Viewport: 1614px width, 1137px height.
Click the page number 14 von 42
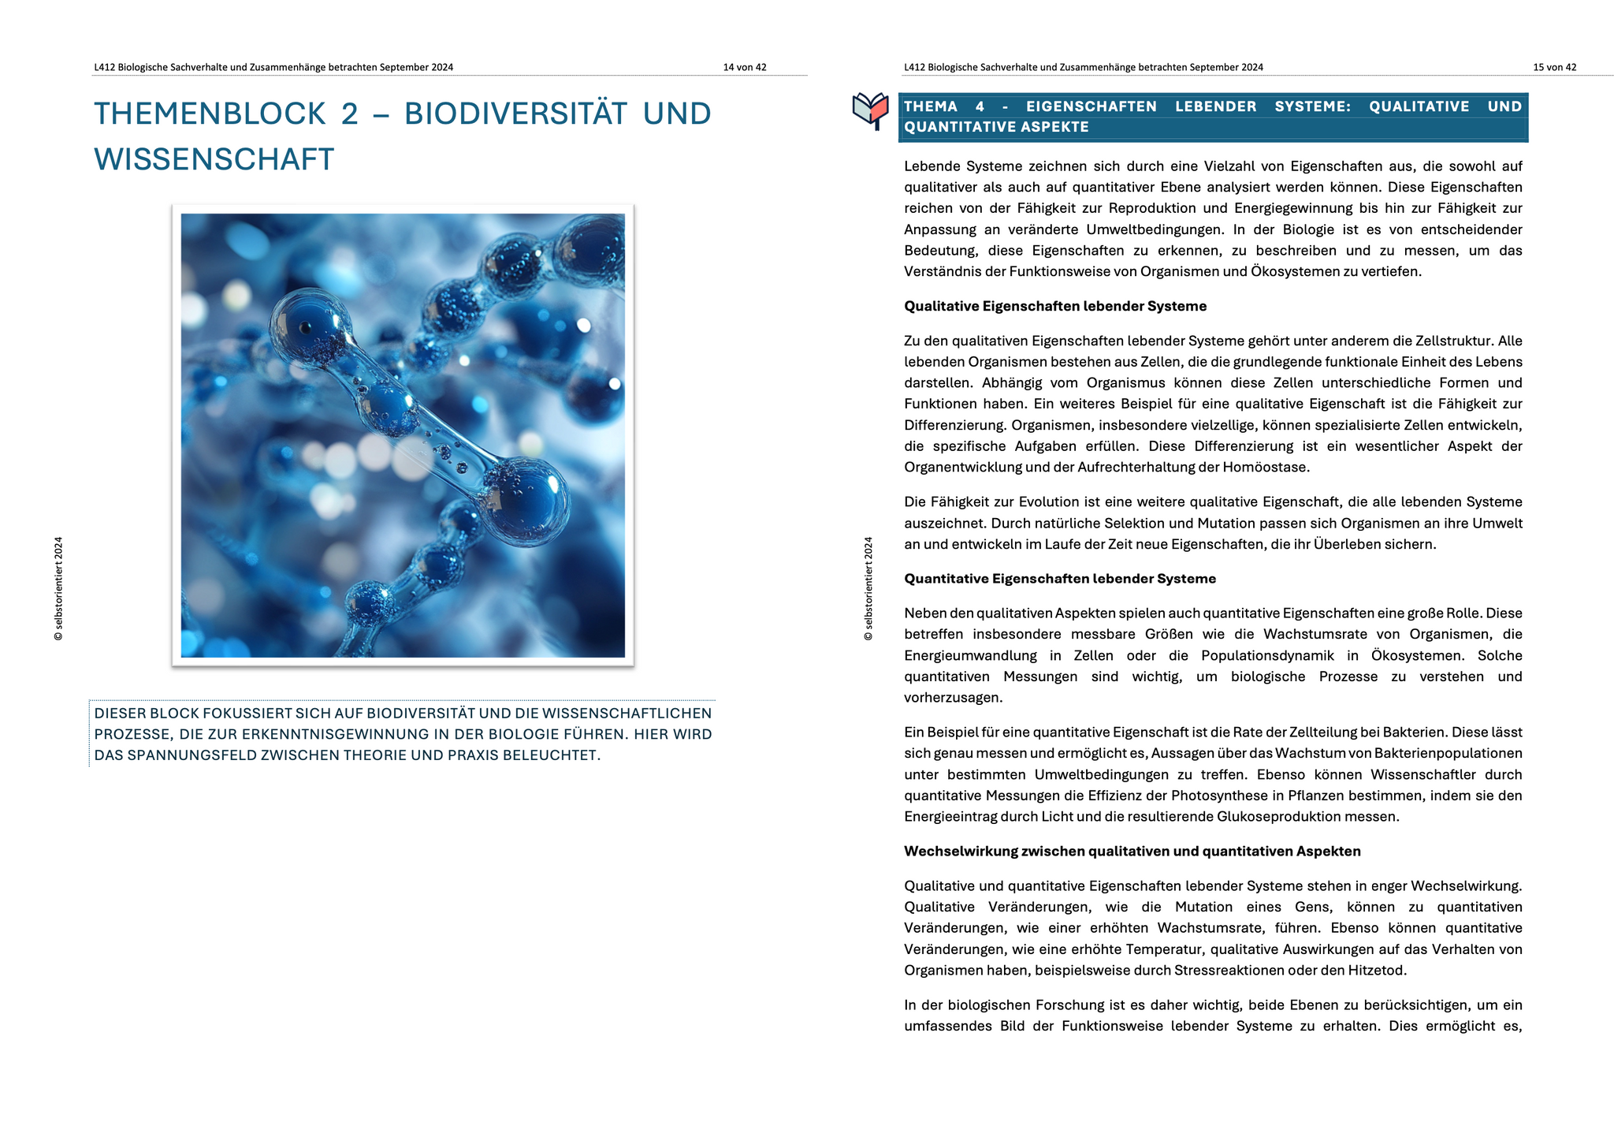pyautogui.click(x=744, y=68)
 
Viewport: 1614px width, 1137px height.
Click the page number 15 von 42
pyautogui.click(x=1554, y=68)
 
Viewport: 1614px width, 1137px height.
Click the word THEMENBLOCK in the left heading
pyautogui.click(x=210, y=114)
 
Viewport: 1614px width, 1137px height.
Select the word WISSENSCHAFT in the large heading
pyautogui.click(x=214, y=160)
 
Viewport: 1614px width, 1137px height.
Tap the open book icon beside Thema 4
pyautogui.click(x=870, y=110)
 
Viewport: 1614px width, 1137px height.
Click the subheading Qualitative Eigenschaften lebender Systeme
pyautogui.click(x=1054, y=307)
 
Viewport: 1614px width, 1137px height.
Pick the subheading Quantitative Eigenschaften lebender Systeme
pyautogui.click(x=1059, y=579)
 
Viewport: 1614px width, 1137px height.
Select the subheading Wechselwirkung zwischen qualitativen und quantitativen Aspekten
pyautogui.click(x=1132, y=852)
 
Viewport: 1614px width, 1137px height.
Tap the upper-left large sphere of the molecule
pyautogui.click(x=307, y=325)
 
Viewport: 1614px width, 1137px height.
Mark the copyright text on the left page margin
pyautogui.click(x=59, y=588)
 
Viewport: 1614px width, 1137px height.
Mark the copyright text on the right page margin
pyautogui.click(x=868, y=588)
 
